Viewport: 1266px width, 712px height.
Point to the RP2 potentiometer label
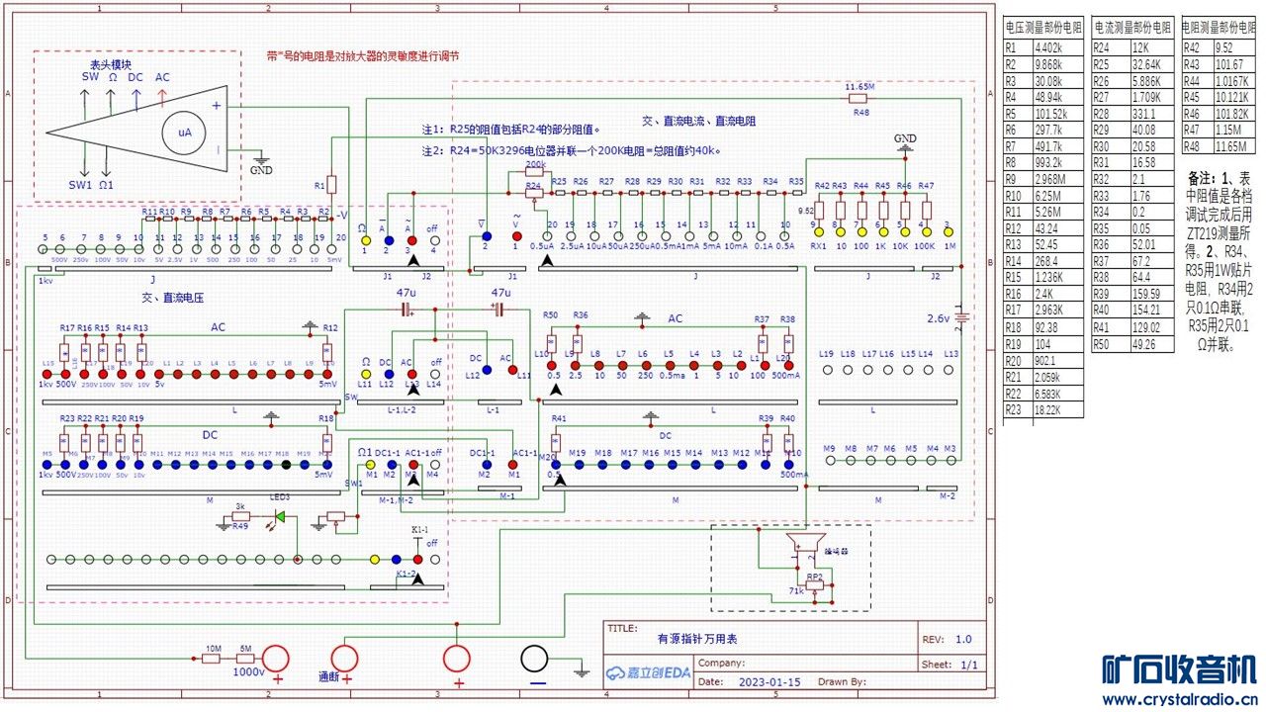pyautogui.click(x=814, y=576)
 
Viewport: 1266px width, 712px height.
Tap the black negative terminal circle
pyautogui.click(x=536, y=660)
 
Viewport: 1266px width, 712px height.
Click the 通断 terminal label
pyautogui.click(x=329, y=678)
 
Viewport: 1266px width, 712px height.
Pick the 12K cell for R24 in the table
pyautogui.click(x=1131, y=46)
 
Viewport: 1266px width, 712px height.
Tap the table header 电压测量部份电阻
pyautogui.click(x=1044, y=28)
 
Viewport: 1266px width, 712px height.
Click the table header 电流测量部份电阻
pyautogui.click(x=1132, y=28)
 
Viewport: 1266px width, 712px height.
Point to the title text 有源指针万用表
pyautogui.click(x=697, y=640)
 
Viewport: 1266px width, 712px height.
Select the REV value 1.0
pyautogui.click(x=963, y=640)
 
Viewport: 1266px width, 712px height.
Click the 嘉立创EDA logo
pyautogui.click(x=648, y=674)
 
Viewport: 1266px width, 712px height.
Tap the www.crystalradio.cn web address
pyautogui.click(x=1180, y=699)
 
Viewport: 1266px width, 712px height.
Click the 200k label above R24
pyautogui.click(x=535, y=164)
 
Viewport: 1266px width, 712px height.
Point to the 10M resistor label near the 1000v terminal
pyautogui.click(x=212, y=648)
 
